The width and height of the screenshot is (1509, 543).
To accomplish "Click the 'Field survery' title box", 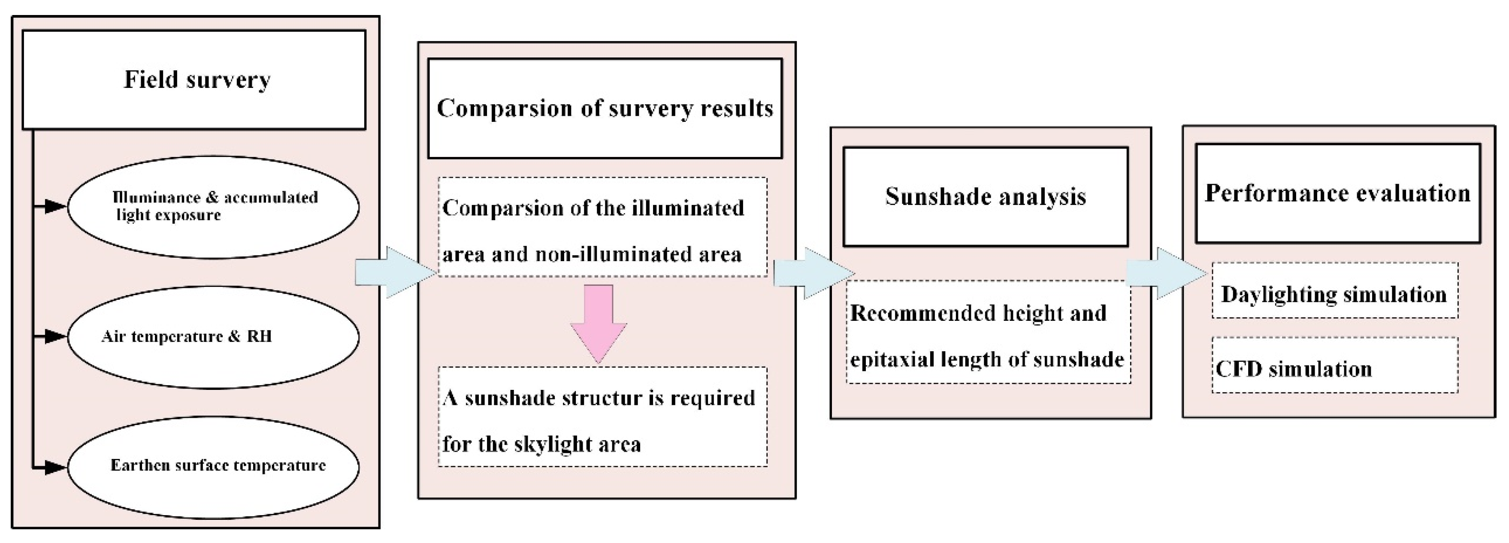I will pos(194,80).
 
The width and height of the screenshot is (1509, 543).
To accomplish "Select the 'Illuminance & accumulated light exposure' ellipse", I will pos(213,206).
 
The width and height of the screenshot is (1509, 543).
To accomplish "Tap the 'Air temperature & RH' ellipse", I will pos(213,337).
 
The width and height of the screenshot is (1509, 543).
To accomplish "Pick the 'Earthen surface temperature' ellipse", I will pos(213,467).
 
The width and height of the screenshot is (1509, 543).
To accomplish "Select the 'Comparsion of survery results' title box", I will pos(605,109).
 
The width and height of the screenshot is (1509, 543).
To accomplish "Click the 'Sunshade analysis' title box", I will pos(985,196).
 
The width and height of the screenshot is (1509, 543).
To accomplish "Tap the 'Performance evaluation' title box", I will pos(1337,193).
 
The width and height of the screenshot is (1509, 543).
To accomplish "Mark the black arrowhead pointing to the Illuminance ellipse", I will pos(55,206).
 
